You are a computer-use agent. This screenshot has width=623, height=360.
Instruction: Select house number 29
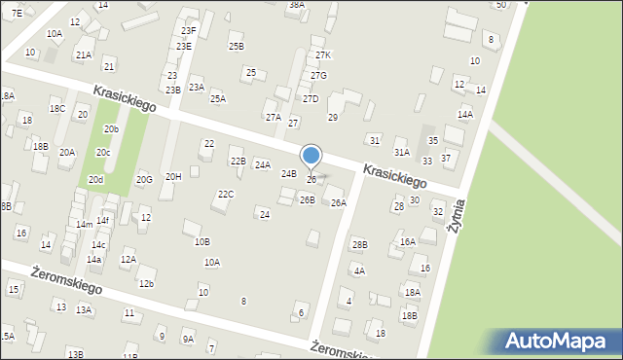coord(332,118)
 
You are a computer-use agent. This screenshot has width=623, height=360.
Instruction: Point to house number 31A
coord(401,153)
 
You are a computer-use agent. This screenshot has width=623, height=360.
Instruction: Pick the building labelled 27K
coord(323,55)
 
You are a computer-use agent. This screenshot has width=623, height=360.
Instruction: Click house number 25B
coord(237,47)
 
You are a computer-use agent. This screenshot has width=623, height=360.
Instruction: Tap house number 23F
coord(188,31)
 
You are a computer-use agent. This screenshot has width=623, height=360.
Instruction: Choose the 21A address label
coord(83,55)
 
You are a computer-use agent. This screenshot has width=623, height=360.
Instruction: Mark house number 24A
coord(263,165)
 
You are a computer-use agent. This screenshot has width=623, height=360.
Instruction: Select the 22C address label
coord(226,195)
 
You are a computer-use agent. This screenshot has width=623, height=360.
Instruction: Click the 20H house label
coord(173,176)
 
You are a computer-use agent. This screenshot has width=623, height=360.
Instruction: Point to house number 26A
coord(339,203)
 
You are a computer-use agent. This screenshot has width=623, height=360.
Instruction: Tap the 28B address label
coord(360,244)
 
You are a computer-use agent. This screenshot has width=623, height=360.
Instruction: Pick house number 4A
coord(359,271)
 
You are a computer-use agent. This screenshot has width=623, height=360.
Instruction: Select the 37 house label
coord(446,158)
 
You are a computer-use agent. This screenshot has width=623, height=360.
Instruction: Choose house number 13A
coord(84,310)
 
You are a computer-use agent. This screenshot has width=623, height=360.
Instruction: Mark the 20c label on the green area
coord(102,153)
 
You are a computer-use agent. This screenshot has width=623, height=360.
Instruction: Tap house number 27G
coord(318,76)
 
